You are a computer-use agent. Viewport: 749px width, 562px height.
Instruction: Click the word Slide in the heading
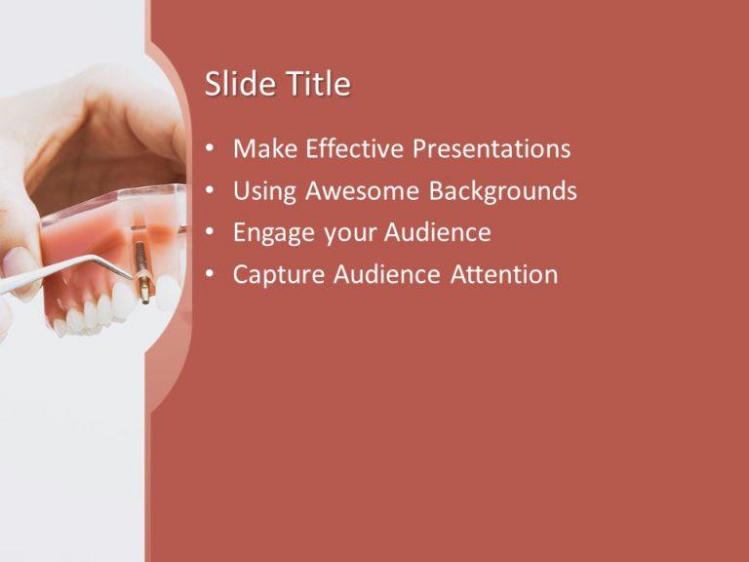point(235,85)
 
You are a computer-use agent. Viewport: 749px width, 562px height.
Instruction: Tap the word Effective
point(355,149)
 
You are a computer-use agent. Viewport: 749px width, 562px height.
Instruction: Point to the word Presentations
point(492,149)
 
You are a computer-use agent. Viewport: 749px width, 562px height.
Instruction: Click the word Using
point(265,191)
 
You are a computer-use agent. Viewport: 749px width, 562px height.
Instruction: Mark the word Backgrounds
point(503,191)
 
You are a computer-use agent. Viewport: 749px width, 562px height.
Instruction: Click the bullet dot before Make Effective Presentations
point(211,150)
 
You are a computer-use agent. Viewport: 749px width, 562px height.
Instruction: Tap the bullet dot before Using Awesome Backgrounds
point(211,192)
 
